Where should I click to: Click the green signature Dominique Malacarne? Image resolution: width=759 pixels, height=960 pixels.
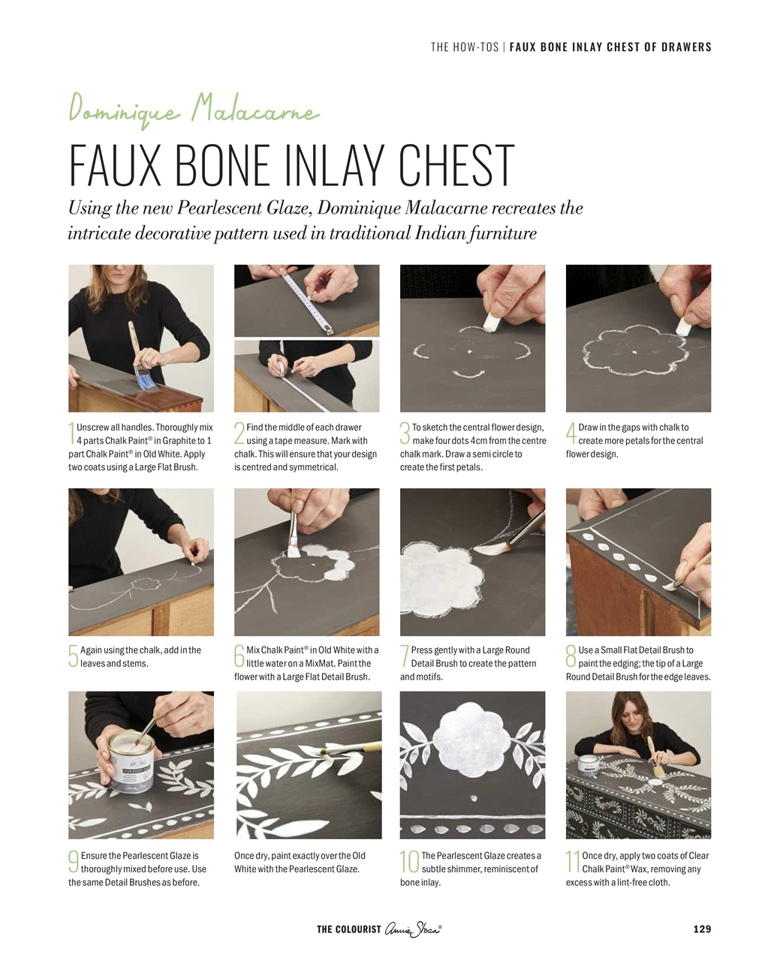(194, 109)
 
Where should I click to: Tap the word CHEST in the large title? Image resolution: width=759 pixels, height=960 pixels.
(456, 165)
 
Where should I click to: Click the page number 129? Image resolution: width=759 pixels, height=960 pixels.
(702, 928)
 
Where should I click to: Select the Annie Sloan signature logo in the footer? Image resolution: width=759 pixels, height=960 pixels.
(414, 928)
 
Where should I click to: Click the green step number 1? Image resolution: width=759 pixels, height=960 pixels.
(71, 434)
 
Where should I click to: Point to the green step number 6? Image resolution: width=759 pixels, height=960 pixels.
(239, 655)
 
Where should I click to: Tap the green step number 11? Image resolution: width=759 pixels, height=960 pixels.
(572, 862)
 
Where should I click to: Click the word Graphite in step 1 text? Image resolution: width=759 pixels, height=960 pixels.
(179, 441)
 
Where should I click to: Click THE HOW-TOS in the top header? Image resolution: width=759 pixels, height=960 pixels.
(464, 46)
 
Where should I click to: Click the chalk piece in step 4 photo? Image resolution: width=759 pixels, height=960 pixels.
(683, 325)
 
